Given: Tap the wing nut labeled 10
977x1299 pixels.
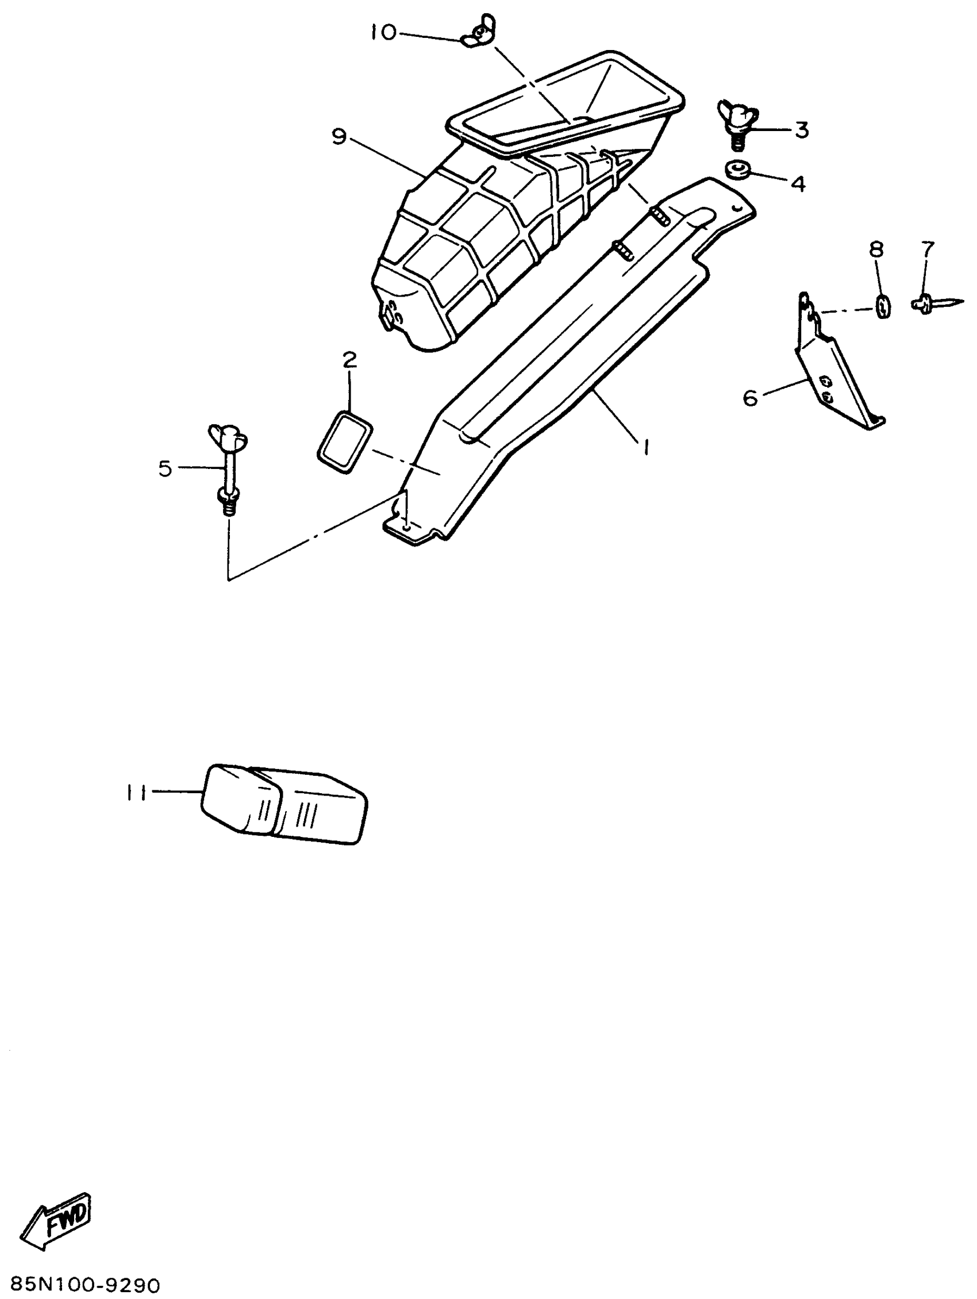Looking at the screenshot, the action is point(480,33).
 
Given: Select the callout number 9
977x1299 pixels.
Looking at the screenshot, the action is point(339,136).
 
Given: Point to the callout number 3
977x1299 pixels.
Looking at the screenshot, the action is point(802,130).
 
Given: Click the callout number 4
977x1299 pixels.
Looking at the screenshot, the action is point(798,183).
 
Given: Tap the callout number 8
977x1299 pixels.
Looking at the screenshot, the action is point(875,250).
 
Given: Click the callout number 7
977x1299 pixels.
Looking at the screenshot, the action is point(927,249).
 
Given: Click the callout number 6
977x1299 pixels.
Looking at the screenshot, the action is point(751,398).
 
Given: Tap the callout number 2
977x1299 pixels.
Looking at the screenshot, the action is point(350,359).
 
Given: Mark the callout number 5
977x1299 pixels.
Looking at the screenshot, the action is point(165,468).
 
